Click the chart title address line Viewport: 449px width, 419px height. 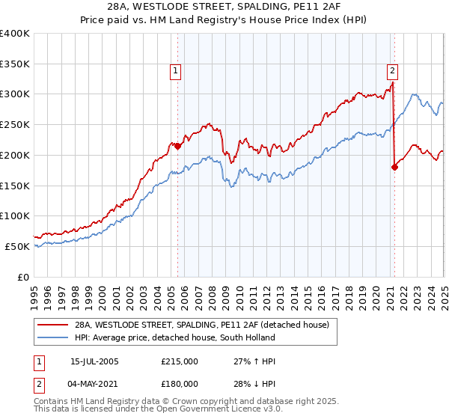coord(224,7)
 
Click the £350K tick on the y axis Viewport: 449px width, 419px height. coord(16,64)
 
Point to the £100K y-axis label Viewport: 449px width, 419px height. coord(16,215)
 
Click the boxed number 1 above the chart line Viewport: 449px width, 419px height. coord(175,71)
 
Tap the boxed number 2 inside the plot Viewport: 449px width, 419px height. coord(392,71)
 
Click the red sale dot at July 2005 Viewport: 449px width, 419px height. coord(178,146)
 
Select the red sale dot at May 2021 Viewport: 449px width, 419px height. coord(394,168)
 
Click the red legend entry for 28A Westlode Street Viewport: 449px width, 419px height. coord(207,325)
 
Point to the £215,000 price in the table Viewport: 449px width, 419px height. coord(180,361)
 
